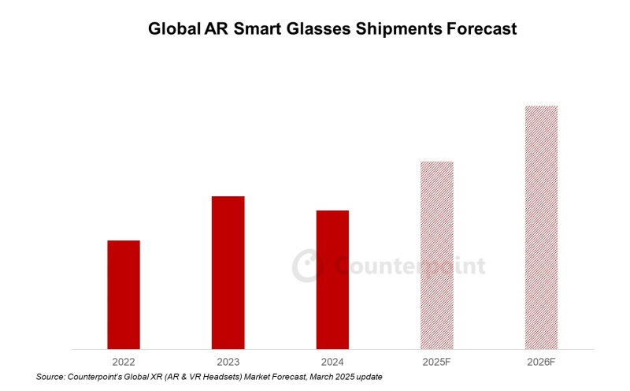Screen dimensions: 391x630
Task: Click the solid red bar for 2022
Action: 124,294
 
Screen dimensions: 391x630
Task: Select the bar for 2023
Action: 228,272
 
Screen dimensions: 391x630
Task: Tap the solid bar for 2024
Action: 332,279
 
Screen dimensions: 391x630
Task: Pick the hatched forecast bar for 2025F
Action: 436,255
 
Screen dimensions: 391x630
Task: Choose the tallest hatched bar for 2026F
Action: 541,227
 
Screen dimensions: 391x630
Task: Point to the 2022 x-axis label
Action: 124,361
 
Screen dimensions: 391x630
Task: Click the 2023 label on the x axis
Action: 228,361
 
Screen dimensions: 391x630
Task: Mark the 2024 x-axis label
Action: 332,361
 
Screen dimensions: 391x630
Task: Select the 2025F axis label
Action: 436,361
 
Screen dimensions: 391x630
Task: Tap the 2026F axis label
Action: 541,361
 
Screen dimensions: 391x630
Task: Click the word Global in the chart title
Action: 174,30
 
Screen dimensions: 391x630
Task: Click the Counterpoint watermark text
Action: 410,266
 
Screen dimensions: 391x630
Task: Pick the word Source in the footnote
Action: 50,378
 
